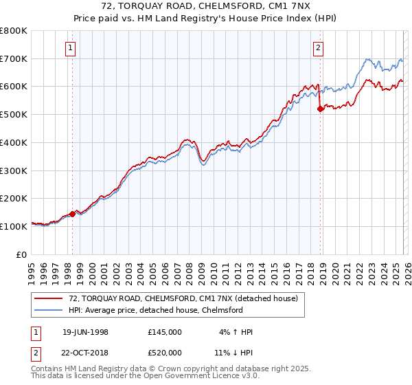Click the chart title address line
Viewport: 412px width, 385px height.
[x=206, y=6]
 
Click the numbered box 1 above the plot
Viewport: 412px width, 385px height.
[x=72, y=47]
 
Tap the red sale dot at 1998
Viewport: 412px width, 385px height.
[x=72, y=214]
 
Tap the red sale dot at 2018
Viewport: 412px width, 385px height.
[x=320, y=109]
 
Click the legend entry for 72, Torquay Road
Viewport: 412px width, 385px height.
[x=183, y=299]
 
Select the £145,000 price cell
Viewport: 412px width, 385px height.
[x=164, y=332]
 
